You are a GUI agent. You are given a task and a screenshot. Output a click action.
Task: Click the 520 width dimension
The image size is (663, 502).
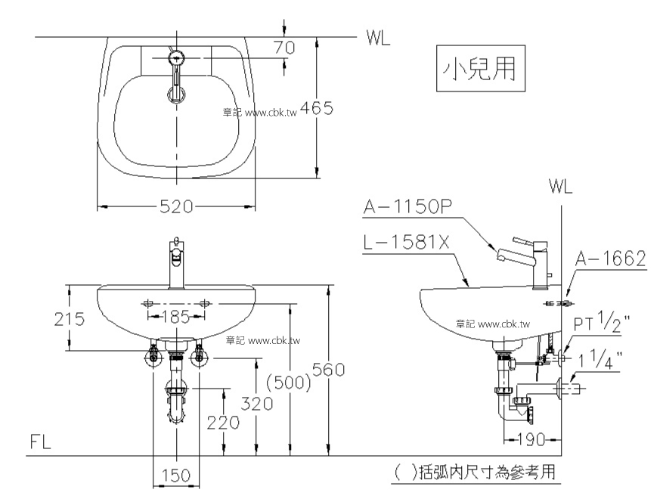(x=176, y=206)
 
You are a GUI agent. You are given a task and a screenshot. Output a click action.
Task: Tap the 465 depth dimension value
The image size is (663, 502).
(x=316, y=108)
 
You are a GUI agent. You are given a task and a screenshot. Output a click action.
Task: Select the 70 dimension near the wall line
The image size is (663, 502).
(x=284, y=48)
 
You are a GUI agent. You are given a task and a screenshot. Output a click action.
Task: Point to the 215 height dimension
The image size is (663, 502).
(x=70, y=318)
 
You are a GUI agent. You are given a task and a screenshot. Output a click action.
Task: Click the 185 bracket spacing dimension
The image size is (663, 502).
(x=176, y=316)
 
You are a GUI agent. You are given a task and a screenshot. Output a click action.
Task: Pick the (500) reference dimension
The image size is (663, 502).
(x=289, y=383)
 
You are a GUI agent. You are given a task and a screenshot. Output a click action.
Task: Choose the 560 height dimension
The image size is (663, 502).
(x=329, y=370)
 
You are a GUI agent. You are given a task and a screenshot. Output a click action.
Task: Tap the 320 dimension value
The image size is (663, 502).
(x=257, y=404)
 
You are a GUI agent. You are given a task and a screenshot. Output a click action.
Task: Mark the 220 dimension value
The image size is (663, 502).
(x=223, y=422)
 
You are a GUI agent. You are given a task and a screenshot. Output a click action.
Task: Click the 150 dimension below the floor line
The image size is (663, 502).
(x=176, y=476)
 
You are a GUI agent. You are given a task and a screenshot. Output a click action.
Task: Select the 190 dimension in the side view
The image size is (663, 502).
(x=531, y=440)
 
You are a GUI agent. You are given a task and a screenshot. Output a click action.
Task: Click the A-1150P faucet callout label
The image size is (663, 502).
(x=407, y=206)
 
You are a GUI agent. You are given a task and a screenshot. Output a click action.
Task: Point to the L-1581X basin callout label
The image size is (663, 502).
(x=406, y=243)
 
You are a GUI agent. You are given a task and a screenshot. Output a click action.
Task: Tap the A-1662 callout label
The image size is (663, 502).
(x=611, y=259)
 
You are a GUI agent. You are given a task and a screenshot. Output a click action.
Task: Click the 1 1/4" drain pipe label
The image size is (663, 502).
(x=600, y=359)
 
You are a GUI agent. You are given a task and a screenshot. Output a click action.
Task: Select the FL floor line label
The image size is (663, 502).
(x=40, y=442)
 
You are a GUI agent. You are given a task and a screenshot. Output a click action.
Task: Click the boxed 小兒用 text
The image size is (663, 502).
(x=481, y=69)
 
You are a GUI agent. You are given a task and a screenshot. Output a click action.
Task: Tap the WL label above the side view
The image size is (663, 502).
(x=560, y=186)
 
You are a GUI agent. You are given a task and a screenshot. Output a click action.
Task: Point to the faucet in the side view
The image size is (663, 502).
(x=525, y=262)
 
